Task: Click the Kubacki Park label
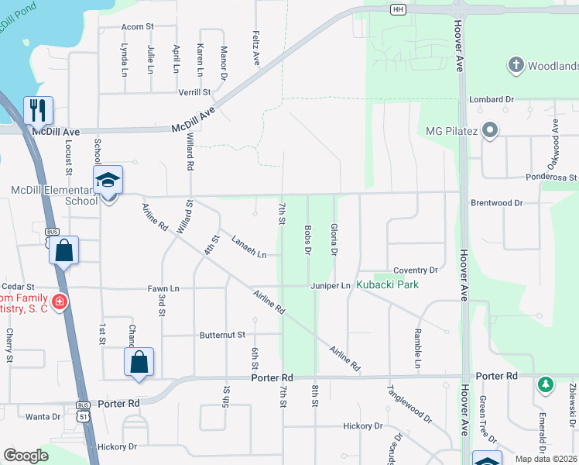(388, 284)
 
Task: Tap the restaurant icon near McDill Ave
(37, 110)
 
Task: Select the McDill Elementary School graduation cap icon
(108, 181)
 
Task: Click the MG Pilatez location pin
(489, 130)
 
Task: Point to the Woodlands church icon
(516, 66)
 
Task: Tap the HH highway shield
(398, 9)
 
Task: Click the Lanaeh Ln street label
(248, 247)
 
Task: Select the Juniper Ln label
(331, 286)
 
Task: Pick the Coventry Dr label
(415, 270)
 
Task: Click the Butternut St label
(222, 335)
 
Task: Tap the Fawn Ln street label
(163, 288)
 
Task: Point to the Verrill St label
(195, 92)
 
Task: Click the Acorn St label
(138, 26)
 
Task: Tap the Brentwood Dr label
(496, 203)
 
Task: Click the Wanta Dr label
(43, 416)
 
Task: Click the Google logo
(26, 456)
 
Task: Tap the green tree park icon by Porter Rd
(546, 384)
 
